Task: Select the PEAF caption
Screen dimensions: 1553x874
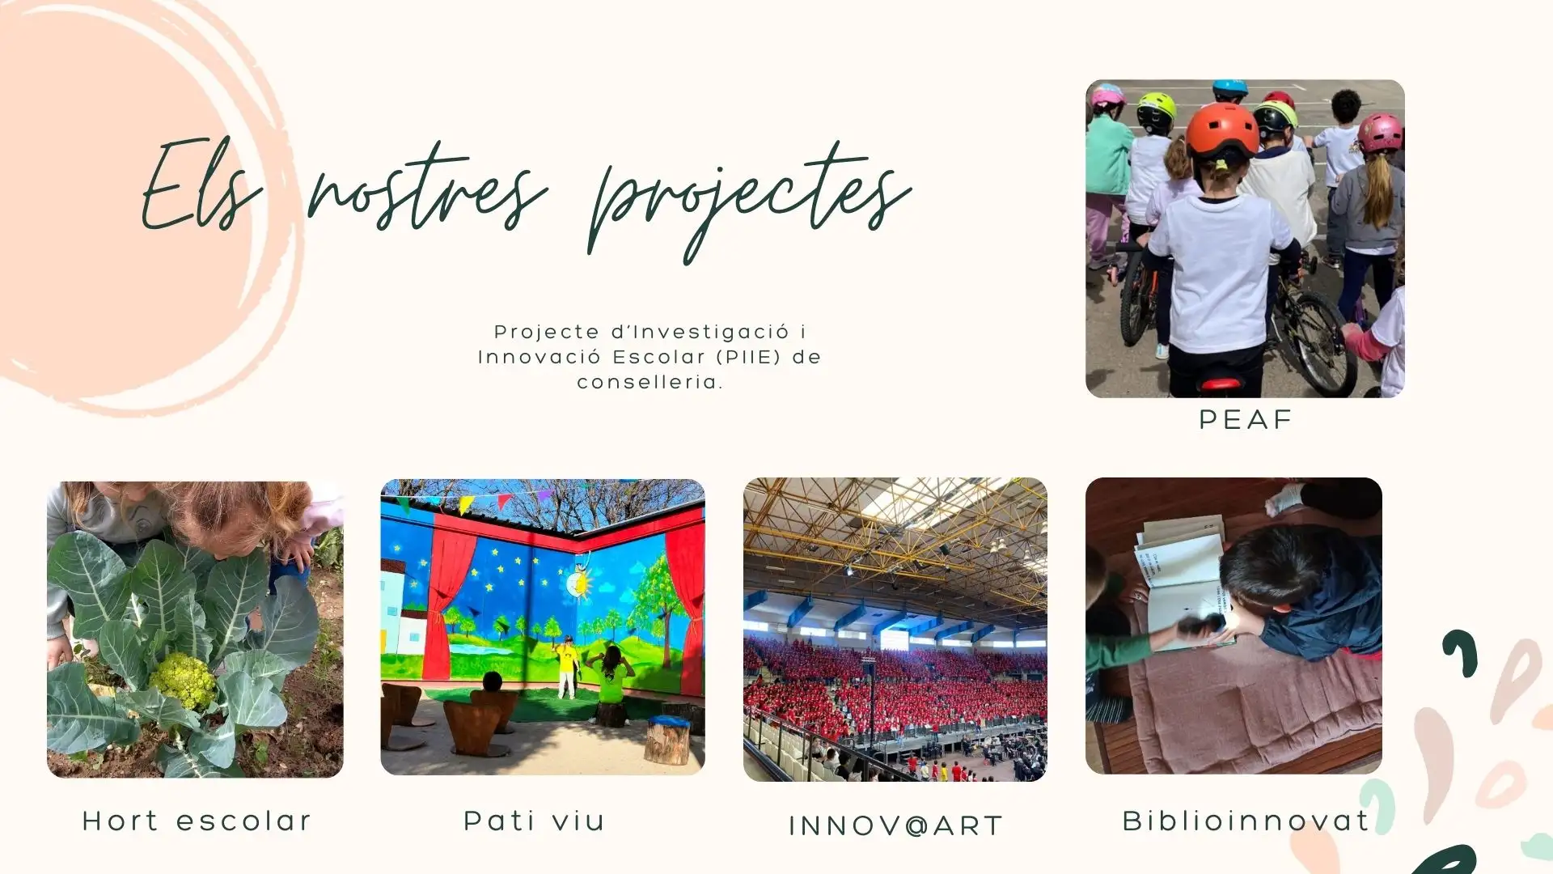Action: click(x=1246, y=420)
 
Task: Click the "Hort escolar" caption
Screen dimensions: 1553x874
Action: click(x=197, y=821)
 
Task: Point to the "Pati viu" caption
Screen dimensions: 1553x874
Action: click(x=534, y=821)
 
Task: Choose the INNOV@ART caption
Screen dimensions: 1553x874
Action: click(x=895, y=826)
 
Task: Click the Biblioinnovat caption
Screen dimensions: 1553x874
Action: click(x=1246, y=821)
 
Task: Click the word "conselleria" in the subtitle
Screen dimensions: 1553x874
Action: click(x=648, y=382)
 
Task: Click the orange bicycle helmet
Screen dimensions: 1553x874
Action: click(x=1222, y=132)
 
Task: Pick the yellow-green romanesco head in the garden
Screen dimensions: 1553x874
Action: click(x=183, y=681)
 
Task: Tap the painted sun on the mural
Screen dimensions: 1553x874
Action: click(x=580, y=583)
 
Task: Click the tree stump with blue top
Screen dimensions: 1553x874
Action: click(x=668, y=740)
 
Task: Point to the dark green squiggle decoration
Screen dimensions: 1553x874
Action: click(x=1461, y=651)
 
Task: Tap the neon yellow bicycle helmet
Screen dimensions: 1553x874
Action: click(x=1156, y=112)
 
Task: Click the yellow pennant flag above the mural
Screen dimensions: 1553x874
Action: click(x=466, y=504)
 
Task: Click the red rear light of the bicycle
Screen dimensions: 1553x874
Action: click(x=1221, y=384)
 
